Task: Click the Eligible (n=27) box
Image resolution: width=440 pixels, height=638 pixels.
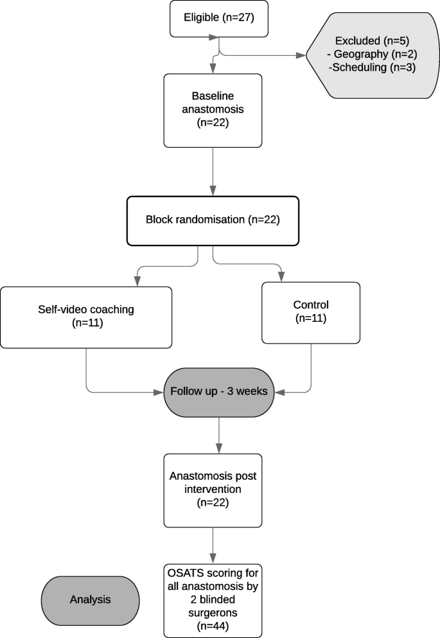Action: [219, 18]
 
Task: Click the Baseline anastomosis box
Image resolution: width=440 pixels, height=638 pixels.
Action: [213, 109]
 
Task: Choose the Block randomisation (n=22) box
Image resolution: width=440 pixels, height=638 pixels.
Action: [213, 220]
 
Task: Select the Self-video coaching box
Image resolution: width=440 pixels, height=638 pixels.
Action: [86, 316]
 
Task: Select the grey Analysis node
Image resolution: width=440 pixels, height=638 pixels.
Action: [90, 599]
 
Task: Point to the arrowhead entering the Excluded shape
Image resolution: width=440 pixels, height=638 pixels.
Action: [302, 55]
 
